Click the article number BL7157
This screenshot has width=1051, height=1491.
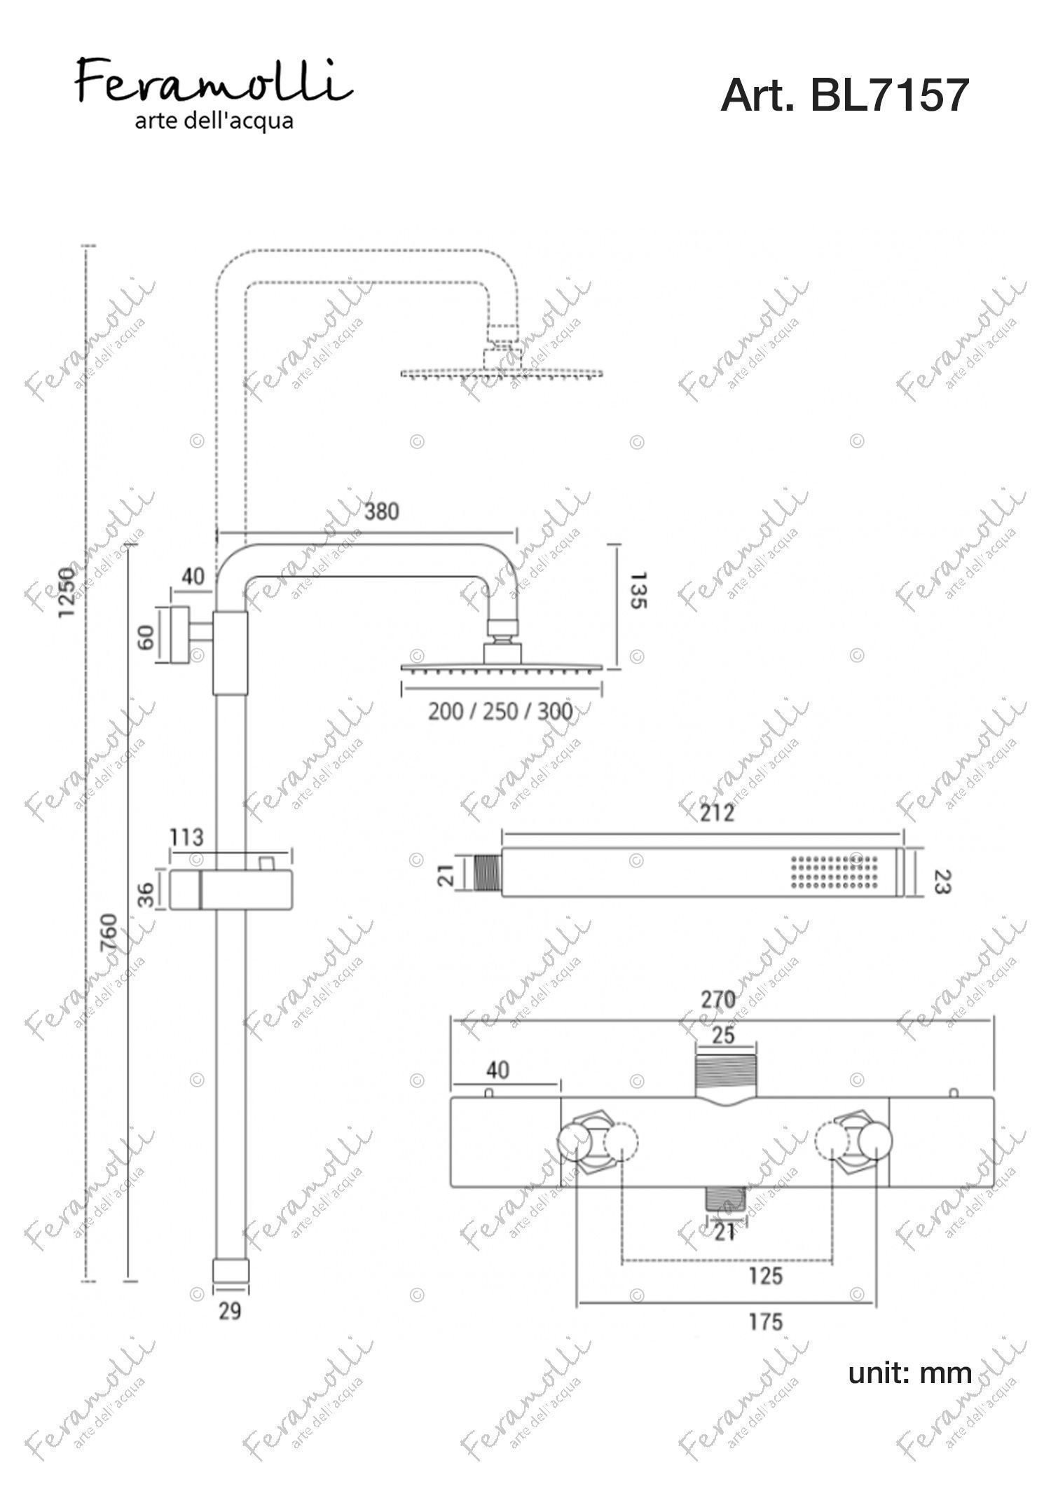click(889, 95)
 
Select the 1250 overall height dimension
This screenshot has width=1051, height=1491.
click(67, 591)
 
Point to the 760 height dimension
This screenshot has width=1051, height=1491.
click(109, 932)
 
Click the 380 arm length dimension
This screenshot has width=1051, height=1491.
click(381, 511)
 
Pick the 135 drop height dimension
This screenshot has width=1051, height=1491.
click(638, 591)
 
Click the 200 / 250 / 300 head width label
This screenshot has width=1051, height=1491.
click(500, 712)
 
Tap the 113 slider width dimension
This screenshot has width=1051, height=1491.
click(187, 837)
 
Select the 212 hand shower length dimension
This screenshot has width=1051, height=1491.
click(717, 813)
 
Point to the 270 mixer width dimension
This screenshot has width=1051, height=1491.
click(717, 1000)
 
